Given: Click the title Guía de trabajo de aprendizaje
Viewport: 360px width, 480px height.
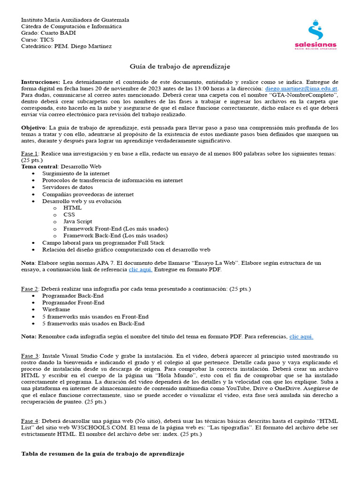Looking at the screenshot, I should tap(180, 67).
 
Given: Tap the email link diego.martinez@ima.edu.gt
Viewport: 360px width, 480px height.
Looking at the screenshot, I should tap(301, 88).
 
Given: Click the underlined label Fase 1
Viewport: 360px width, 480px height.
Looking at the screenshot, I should tap(30, 154).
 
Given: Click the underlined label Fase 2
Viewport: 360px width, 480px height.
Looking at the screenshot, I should tap(30, 289).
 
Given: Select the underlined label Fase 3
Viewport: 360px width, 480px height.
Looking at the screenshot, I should tap(30, 356).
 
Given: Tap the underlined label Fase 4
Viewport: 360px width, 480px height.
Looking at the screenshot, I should tap(30, 421).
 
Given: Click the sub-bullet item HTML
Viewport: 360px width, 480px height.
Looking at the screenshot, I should tap(73, 208).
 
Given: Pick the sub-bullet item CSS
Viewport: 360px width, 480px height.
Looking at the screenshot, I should tap(69, 215).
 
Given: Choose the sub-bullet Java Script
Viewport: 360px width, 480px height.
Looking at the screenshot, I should tap(78, 222).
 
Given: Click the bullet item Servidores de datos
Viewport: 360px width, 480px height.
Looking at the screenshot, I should tap(67, 187).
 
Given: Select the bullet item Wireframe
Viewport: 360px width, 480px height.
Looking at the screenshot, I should tap(56, 310).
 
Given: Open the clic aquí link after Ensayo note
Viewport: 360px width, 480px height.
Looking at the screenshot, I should tap(141, 270).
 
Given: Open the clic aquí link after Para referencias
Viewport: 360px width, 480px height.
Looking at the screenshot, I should tap(301, 337).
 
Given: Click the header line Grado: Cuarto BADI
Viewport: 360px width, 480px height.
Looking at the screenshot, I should tap(48, 33).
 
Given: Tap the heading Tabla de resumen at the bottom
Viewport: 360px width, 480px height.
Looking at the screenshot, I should tap(103, 454).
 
